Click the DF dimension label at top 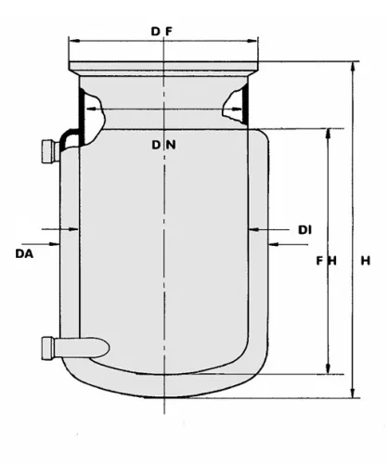point(162,32)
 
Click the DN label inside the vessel point(163,145)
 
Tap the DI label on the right point(304,230)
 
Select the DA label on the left point(24,254)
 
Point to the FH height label point(326,261)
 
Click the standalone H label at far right point(366,261)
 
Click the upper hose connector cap point(49,151)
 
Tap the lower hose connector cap point(48,348)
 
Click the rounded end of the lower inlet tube point(105,348)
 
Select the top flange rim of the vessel point(163,66)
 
